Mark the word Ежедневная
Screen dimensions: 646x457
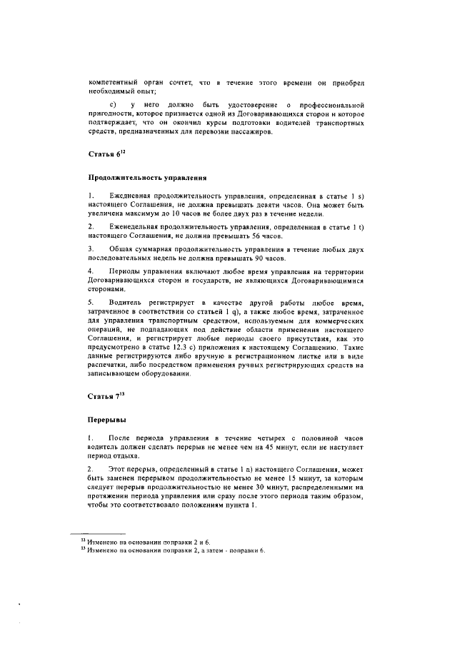click(x=136, y=196)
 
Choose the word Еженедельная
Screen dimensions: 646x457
click(x=139, y=226)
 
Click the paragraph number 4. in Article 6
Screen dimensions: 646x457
click(x=91, y=271)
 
